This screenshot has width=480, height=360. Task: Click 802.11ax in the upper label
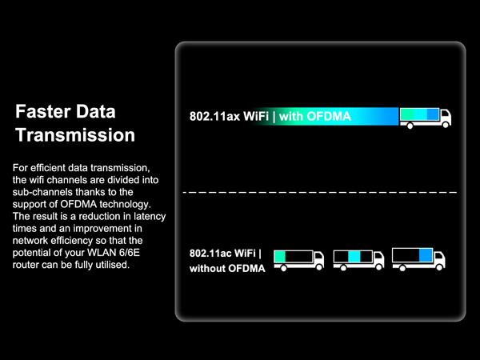tap(214, 116)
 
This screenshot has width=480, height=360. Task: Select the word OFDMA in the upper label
tap(328, 116)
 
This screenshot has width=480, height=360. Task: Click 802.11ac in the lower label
tap(215, 254)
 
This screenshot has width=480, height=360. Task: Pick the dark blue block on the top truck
tap(433, 114)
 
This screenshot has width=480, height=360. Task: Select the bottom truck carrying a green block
tap(298, 258)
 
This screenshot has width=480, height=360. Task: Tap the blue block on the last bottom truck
tap(426, 255)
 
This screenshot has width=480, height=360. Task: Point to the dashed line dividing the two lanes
tap(320, 193)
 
